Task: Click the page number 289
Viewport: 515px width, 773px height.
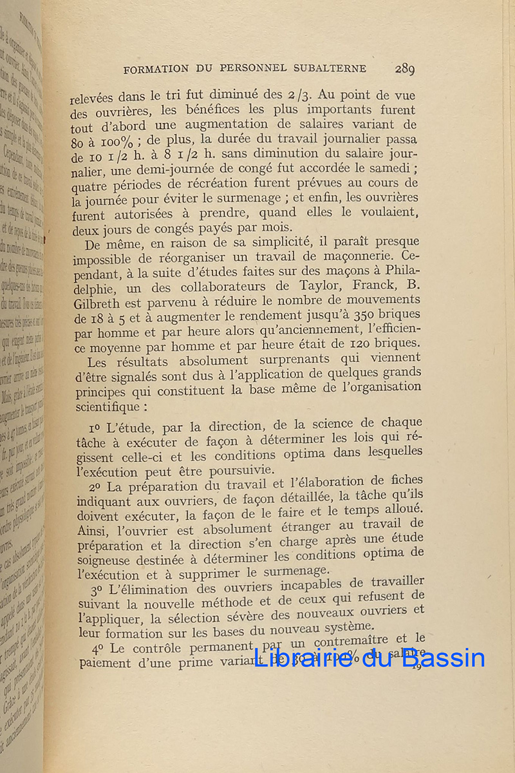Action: (x=405, y=69)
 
